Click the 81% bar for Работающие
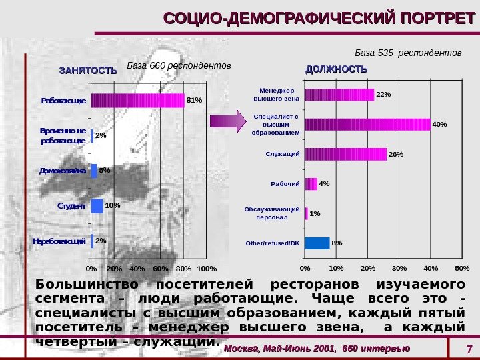point(138,101)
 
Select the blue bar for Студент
point(97,205)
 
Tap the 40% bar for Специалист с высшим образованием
point(367,125)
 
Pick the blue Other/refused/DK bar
point(317,243)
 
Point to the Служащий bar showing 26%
point(345,155)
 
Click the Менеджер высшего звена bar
point(339,95)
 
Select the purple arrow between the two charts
point(227,121)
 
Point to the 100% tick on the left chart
point(207,268)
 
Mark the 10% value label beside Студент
point(112,205)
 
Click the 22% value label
point(383,95)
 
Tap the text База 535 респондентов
point(407,52)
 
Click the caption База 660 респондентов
point(178,66)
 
